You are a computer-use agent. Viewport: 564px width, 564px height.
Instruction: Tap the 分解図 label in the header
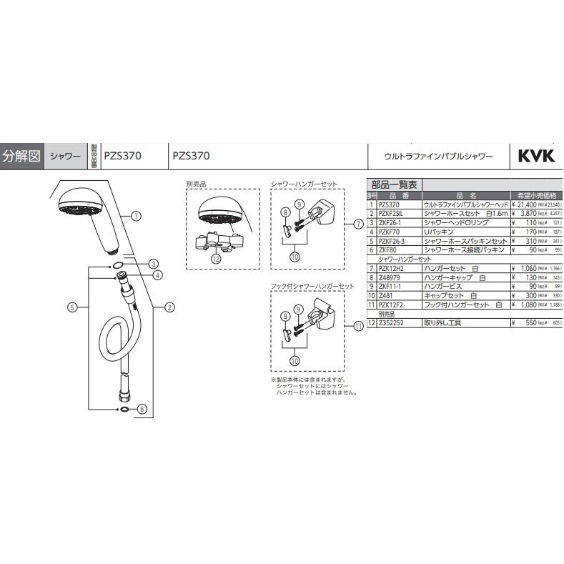21,155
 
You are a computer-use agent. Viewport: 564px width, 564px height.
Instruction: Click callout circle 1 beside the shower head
136,214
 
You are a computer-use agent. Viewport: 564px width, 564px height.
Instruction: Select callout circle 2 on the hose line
169,308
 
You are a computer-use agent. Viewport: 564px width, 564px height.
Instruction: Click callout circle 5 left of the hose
71,307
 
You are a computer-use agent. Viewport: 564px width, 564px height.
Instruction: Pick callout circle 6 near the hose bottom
142,410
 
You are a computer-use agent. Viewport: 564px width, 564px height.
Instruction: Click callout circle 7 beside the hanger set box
357,224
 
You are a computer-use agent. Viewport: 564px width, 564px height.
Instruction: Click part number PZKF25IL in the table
392,213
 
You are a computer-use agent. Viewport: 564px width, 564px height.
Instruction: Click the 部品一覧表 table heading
392,184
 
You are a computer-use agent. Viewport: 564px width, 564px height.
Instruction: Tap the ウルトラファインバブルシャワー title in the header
438,155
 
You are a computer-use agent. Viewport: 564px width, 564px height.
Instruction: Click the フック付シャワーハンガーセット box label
312,286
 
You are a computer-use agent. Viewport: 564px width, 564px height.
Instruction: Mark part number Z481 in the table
387,295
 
